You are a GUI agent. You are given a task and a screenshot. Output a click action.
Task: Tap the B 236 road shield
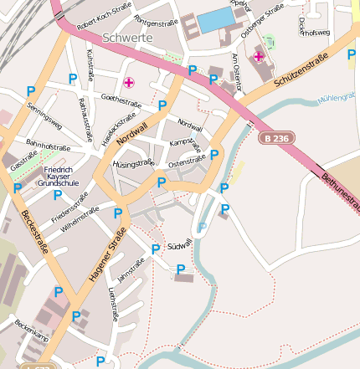277,137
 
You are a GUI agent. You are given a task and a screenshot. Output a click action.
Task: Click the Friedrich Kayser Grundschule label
58,177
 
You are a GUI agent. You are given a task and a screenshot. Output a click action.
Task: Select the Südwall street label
180,243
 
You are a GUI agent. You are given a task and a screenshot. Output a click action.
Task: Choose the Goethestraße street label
120,100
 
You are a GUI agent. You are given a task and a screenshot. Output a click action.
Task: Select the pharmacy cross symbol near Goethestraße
129,82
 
